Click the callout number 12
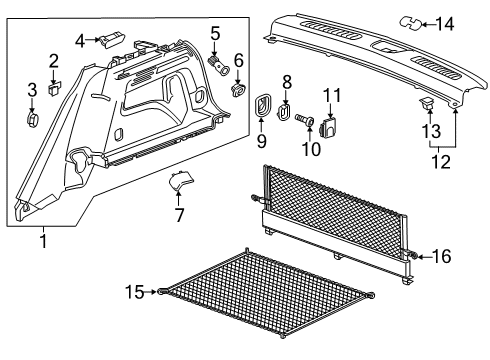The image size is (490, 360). [x=440, y=159]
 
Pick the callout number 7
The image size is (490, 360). [x=180, y=216]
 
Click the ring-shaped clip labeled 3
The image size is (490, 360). [x=31, y=121]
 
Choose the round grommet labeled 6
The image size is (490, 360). [x=238, y=91]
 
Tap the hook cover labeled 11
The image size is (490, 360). [x=334, y=125]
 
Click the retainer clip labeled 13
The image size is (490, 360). [x=427, y=102]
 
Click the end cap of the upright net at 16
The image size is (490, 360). [x=412, y=257]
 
